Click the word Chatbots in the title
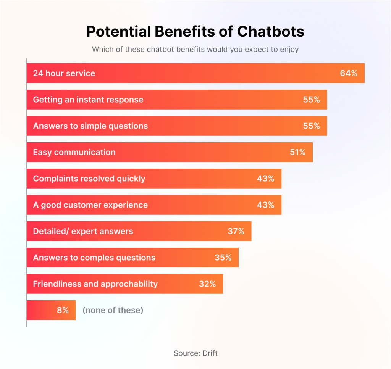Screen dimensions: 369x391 pyautogui.click(x=271, y=32)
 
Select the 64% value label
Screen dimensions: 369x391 pyautogui.click(x=349, y=73)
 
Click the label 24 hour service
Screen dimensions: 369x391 pyautogui.click(x=64, y=73)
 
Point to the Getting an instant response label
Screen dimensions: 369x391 pyautogui.click(x=88, y=100)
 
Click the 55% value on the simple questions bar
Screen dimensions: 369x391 pyautogui.click(x=312, y=126)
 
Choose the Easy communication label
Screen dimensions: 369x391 pyautogui.click(x=74, y=152)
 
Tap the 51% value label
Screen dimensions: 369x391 pyautogui.click(x=297, y=152)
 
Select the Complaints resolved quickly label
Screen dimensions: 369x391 pyautogui.click(x=89, y=179)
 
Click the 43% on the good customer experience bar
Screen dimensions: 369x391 pyautogui.click(x=266, y=205)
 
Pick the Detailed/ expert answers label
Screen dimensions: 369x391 pyautogui.click(x=83, y=231)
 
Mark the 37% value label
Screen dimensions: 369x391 pyautogui.click(x=236, y=231)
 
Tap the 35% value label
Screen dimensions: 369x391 pyautogui.click(x=223, y=258)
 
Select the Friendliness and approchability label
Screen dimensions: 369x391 pyautogui.click(x=95, y=284)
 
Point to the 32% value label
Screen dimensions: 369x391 pyautogui.click(x=207, y=284)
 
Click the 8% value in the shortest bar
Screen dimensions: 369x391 pyautogui.click(x=63, y=310)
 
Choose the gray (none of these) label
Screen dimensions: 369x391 pyautogui.click(x=113, y=310)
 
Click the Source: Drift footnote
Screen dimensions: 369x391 pyautogui.click(x=195, y=353)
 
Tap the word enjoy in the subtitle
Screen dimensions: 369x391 pyautogui.click(x=289, y=50)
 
